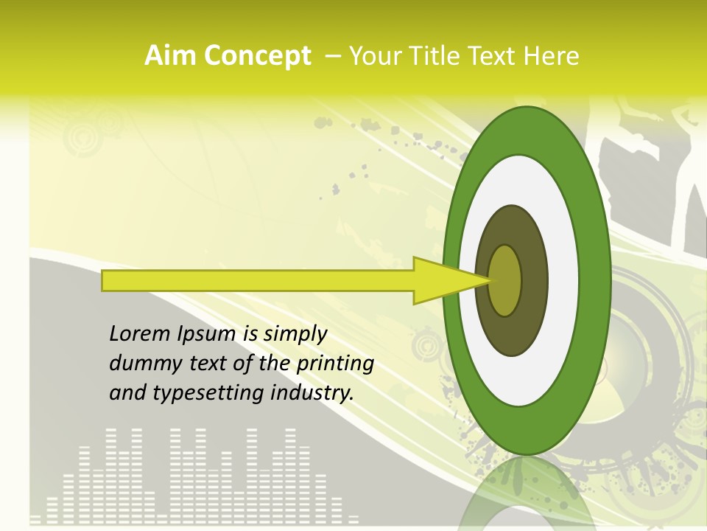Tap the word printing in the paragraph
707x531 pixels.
[x=335, y=364]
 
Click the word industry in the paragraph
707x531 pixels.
[x=312, y=393]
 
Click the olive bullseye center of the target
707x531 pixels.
[x=504, y=281]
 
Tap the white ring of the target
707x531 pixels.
[x=563, y=281]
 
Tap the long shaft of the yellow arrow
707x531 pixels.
[x=258, y=281]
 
